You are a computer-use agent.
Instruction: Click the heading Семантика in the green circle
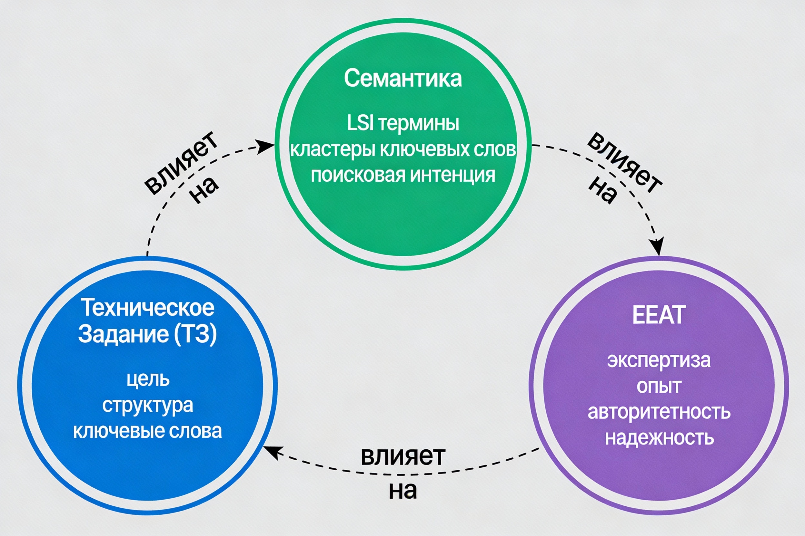click(x=403, y=78)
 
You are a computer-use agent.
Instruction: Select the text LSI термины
click(x=403, y=123)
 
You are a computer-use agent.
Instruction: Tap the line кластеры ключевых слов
click(x=403, y=149)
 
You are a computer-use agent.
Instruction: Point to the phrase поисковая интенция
click(x=403, y=175)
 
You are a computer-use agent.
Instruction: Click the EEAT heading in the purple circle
click(x=659, y=315)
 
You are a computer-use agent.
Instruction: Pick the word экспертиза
click(x=659, y=360)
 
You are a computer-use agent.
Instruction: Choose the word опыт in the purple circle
click(x=659, y=386)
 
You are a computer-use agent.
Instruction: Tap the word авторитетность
click(x=659, y=412)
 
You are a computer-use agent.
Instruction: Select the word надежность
click(x=659, y=438)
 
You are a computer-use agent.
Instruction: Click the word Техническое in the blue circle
click(x=147, y=307)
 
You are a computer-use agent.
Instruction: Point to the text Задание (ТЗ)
click(x=147, y=334)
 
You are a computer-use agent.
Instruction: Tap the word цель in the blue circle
click(x=148, y=379)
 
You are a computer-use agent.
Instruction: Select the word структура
click(x=147, y=406)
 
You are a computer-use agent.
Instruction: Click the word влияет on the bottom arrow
click(x=403, y=456)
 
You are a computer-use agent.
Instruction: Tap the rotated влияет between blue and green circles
click(x=181, y=163)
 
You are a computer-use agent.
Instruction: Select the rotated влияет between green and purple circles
click(x=625, y=163)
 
